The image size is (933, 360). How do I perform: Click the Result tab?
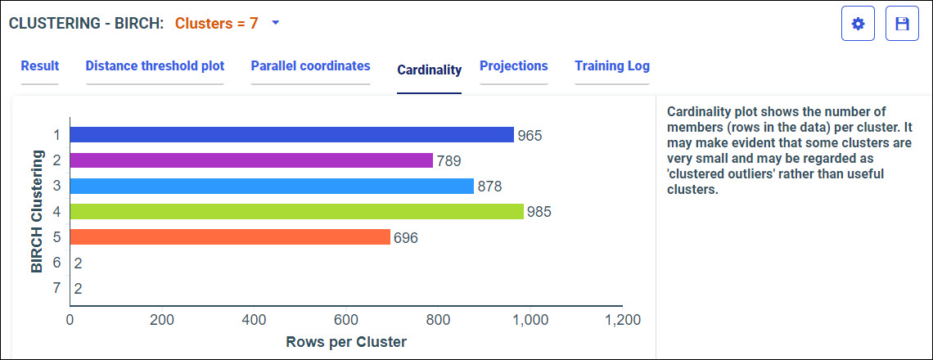[39, 66]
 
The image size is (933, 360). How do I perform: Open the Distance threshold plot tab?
[155, 66]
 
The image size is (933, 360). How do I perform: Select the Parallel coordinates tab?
[310, 66]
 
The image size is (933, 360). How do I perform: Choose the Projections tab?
[513, 66]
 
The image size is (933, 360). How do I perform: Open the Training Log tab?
[611, 66]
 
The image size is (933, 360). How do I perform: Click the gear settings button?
[858, 24]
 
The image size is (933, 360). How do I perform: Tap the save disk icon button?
[902, 24]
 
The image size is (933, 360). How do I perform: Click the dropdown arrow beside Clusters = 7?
[276, 23]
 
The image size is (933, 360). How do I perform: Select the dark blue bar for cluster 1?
[291, 135]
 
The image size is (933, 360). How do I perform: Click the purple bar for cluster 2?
[251, 160]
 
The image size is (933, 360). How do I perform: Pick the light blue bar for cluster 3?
[272, 186]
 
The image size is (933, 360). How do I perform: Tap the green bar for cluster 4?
[296, 211]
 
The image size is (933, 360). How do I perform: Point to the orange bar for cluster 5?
[230, 237]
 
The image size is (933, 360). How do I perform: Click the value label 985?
[539, 212]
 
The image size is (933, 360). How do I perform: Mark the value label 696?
[406, 238]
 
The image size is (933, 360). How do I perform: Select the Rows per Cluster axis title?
[346, 341]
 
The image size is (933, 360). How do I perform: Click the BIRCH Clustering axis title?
[36, 210]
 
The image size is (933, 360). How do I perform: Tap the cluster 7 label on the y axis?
[56, 288]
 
